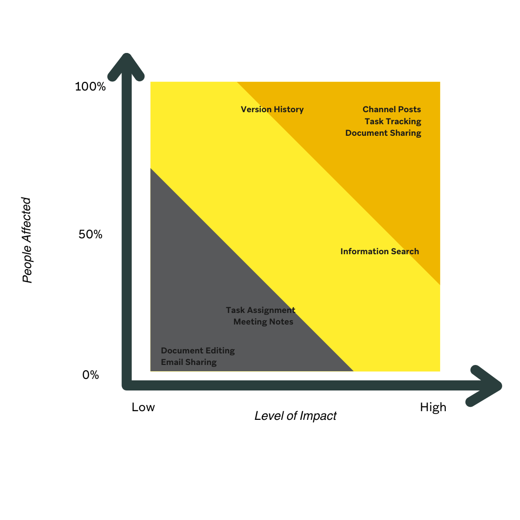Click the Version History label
point(272,109)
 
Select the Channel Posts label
point(391,109)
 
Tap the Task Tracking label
point(392,121)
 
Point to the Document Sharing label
point(383,133)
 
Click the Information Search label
point(379,251)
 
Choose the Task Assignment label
point(260,310)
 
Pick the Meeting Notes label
point(263,322)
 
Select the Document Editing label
point(198,351)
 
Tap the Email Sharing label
point(189,362)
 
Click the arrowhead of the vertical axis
point(126,65)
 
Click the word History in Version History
point(288,109)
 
